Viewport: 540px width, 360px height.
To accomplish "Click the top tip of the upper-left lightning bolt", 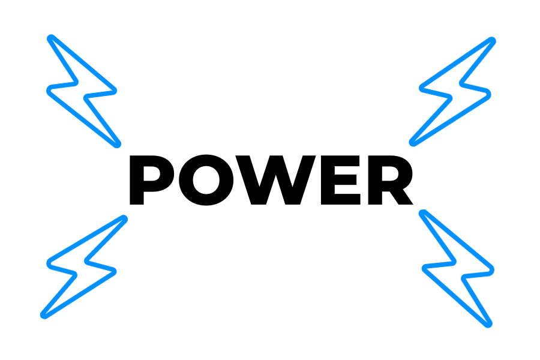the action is coord(50,38).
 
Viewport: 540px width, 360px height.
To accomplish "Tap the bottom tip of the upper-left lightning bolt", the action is coord(118,145).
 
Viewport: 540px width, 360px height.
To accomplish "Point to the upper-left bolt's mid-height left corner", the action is coord(49,90).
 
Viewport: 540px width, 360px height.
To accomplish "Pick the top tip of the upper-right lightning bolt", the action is coord(493,40).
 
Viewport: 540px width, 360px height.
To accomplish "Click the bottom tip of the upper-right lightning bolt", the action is coord(412,143).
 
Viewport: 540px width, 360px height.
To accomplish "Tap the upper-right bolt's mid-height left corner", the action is coord(421,89).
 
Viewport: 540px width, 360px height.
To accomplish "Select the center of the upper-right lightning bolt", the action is coord(454,91).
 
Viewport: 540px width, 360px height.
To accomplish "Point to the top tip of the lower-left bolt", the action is coord(124,218).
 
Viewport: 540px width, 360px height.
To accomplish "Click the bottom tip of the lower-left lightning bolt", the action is coord(43,316).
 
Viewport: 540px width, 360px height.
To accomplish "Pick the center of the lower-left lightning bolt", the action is coord(82,267).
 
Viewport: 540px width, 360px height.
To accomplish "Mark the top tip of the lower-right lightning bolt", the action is coord(422,212).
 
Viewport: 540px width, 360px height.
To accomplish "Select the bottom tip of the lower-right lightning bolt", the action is coord(489,325).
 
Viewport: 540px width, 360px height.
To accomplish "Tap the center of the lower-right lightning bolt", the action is coord(457,268).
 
